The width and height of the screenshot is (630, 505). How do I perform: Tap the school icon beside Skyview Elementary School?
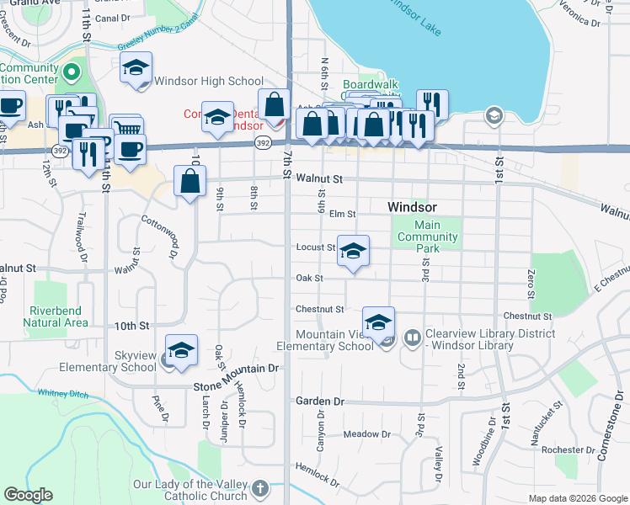[x=181, y=352]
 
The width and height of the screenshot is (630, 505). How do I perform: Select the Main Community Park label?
[x=428, y=231]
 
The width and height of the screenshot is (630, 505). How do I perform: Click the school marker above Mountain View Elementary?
[x=379, y=322]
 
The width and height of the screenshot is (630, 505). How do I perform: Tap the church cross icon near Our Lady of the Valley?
[x=261, y=488]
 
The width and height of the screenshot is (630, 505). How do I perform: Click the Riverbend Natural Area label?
[x=55, y=316]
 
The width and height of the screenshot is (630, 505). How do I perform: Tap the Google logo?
[x=29, y=495]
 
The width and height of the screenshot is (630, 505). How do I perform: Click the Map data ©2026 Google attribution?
[x=577, y=498]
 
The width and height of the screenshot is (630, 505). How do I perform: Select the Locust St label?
[x=316, y=247]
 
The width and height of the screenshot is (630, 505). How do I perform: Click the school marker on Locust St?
[x=354, y=251]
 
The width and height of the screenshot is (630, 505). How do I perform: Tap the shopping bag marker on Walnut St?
[x=190, y=181]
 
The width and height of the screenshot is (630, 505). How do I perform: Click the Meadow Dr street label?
[x=367, y=434]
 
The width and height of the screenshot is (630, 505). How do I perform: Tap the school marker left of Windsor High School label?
[x=136, y=69]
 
